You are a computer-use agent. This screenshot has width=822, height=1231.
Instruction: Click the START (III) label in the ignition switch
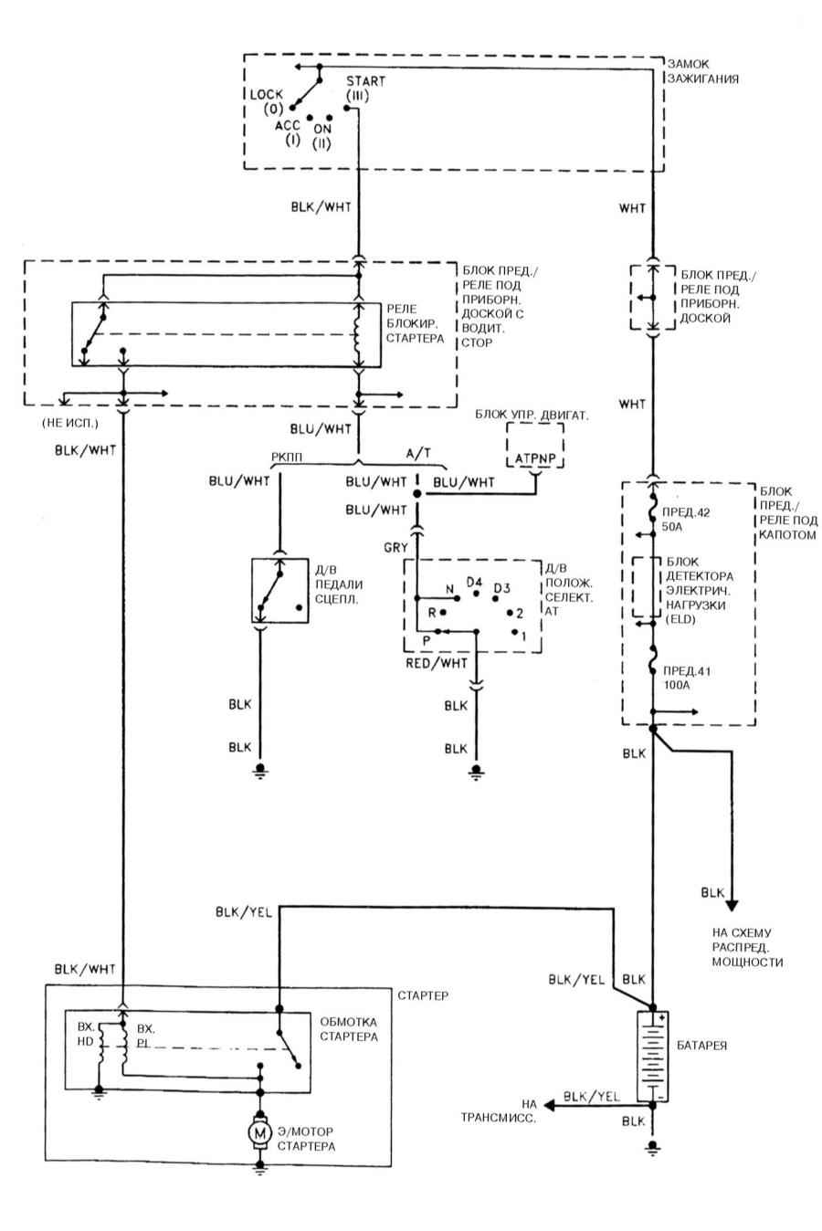365,88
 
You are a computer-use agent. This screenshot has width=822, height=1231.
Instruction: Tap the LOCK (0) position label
266,101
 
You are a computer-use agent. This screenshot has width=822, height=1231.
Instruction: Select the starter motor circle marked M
260,1132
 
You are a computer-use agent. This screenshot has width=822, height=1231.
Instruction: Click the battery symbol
653,1056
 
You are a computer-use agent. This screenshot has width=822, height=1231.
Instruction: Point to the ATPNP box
535,446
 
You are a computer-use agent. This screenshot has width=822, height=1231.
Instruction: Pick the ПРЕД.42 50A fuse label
686,520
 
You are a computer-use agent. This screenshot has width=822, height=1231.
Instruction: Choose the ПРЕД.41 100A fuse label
687,679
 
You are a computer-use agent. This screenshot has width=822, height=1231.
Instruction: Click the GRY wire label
395,547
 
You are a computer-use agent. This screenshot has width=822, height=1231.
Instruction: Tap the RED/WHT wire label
437,663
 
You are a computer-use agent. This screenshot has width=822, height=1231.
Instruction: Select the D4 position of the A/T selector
474,582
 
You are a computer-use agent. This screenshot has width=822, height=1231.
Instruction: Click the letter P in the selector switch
426,641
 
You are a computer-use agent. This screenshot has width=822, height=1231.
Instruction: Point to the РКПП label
287,458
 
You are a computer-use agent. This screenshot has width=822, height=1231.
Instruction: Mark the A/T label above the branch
418,453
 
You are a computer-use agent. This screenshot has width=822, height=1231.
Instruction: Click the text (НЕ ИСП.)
69,423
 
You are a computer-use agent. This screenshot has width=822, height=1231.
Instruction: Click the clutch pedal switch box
279,591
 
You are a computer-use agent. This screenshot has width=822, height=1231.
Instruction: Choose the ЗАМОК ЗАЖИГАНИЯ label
702,71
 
